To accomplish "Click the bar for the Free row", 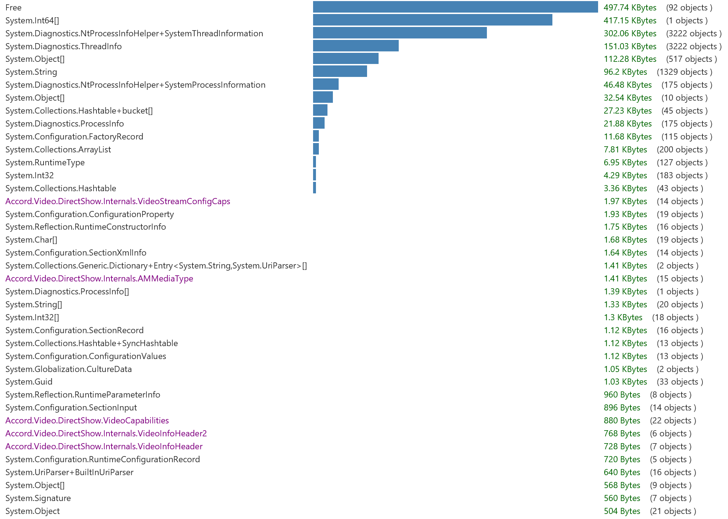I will (455, 7).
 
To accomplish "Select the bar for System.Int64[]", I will (433, 20).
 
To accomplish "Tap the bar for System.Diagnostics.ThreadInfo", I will (356, 46).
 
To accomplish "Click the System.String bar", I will (340, 72).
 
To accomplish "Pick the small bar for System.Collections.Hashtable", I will (315, 188).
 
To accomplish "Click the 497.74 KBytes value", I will (630, 8).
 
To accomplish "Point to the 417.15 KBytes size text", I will (630, 20).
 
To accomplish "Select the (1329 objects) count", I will (684, 72).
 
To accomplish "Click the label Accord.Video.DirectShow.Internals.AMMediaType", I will (99, 279).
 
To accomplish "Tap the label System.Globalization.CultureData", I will (68, 369).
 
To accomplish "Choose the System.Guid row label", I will (29, 382).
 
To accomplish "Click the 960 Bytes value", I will (622, 395).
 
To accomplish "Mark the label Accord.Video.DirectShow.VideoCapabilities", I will (87, 421).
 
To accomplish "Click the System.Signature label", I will (38, 498).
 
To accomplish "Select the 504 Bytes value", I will (622, 511).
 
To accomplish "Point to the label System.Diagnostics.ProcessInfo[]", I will (67, 291).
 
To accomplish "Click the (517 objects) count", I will (691, 59).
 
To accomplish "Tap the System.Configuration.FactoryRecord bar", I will (316, 136).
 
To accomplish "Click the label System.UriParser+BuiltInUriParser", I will (69, 472).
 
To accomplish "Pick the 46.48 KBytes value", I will (628, 85).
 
